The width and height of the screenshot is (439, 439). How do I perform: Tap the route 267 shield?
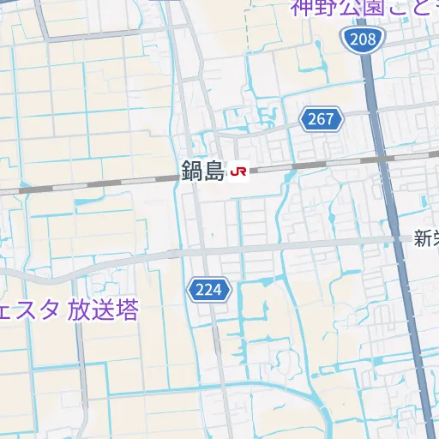click(x=322, y=119)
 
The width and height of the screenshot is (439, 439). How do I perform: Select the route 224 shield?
click(x=209, y=290)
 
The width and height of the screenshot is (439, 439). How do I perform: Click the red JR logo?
click(x=239, y=172)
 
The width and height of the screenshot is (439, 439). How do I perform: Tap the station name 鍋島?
click(x=203, y=171)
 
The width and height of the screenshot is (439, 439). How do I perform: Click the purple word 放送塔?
click(x=102, y=310)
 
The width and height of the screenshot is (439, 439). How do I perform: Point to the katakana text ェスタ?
click(x=29, y=310)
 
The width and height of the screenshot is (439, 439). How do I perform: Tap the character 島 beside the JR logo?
click(x=214, y=171)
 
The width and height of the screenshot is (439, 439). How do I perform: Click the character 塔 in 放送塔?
click(x=126, y=310)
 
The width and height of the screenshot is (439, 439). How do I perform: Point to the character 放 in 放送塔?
click(x=79, y=310)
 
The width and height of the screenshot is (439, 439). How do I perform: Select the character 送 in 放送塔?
click(x=102, y=310)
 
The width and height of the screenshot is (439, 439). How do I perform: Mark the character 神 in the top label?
click(x=301, y=9)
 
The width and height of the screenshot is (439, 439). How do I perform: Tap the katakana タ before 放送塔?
click(x=50, y=310)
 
